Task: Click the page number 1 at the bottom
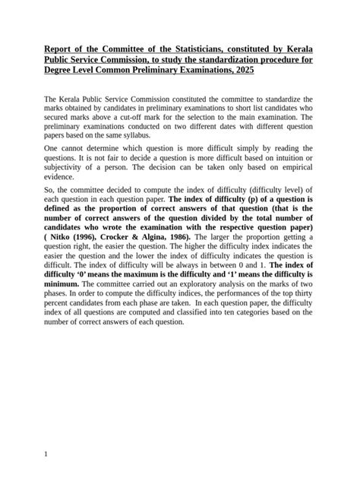[x=46, y=453]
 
